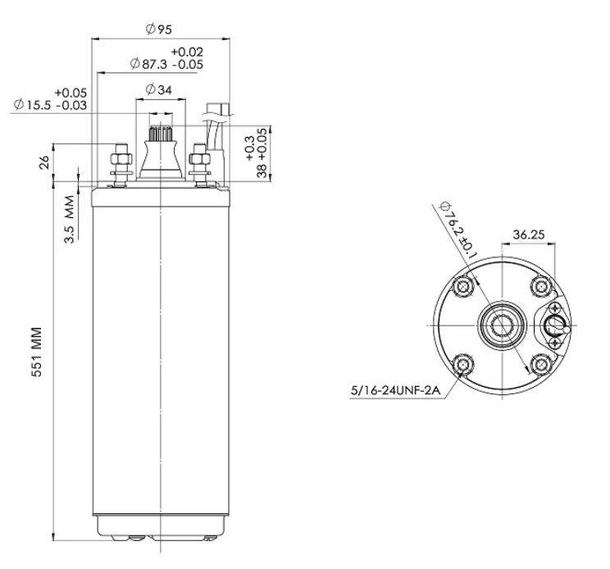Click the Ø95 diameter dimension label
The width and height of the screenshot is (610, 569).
pos(159,30)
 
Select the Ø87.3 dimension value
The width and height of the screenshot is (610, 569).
pos(148,64)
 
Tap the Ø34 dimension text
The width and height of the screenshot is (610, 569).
pos(159,90)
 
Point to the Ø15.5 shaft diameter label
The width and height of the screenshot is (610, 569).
pos(32,105)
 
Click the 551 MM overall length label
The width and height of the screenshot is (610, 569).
pos(36,352)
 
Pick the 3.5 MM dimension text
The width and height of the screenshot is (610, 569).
pos(69,220)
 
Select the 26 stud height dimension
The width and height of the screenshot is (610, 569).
pos(44,162)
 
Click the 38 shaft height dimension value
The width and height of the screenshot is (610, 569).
pos(262,171)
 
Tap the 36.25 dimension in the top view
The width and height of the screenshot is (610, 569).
pos(529,234)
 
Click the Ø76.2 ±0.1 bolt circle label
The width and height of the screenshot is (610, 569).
pos(457,230)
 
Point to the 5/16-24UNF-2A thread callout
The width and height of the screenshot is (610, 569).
pos(396,390)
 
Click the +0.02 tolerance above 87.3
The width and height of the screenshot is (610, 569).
pos(187,52)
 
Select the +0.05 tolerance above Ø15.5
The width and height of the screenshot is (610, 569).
pos(71,93)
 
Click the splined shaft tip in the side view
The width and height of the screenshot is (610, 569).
pos(161,133)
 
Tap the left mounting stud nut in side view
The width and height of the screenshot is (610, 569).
pos(121,159)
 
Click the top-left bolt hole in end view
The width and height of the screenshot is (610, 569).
pos(463,287)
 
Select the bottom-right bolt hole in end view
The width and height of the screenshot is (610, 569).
pos(541,365)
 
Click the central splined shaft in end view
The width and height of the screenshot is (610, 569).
pos(502,325)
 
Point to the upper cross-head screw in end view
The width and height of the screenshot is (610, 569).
pos(554,309)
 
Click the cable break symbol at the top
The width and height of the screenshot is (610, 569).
pos(218,115)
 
